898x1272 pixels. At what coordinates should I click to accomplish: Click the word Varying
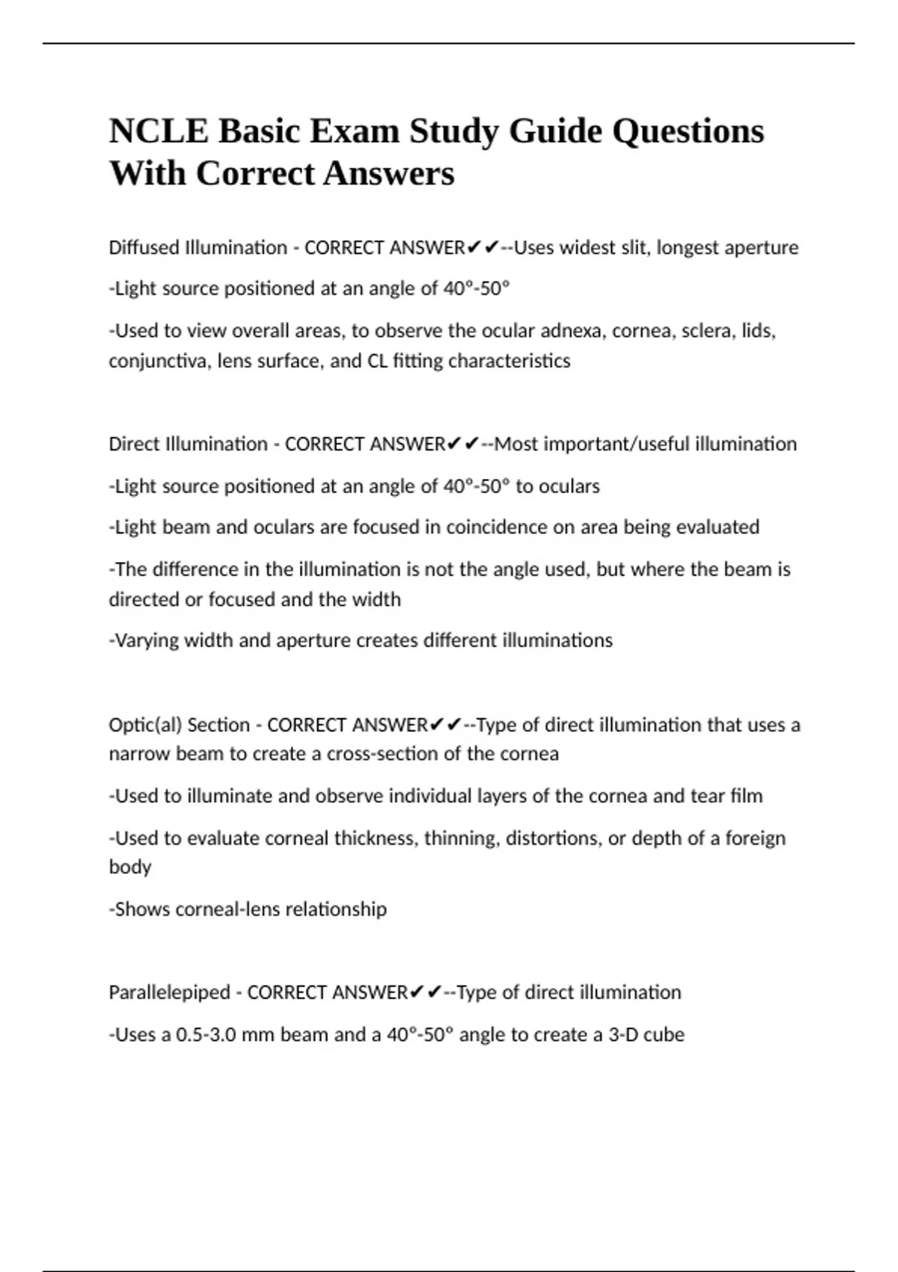click(x=147, y=640)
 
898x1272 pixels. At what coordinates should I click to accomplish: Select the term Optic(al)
click(x=146, y=725)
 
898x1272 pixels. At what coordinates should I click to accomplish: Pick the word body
click(x=130, y=867)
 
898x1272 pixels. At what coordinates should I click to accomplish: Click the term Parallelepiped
click(x=169, y=993)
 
